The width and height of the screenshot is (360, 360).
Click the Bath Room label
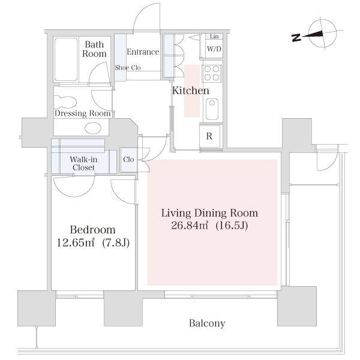[x=94, y=49]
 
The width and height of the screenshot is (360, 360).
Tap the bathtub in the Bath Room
[x=66, y=59]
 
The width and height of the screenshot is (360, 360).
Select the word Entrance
[x=143, y=52]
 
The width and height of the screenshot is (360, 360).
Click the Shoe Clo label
[x=128, y=67]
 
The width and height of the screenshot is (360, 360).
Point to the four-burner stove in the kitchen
[x=212, y=73]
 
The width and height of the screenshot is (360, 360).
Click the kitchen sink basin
[x=212, y=109]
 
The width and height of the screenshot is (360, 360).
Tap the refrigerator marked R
[x=209, y=136]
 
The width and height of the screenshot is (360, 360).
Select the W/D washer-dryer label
[x=214, y=49]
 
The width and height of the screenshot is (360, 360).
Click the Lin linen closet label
[x=214, y=36]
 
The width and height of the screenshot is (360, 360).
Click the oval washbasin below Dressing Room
[x=93, y=128]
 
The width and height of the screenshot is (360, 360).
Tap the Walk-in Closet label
[x=83, y=163]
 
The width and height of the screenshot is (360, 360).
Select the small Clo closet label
[x=128, y=160]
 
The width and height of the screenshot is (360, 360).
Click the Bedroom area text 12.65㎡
[x=76, y=242]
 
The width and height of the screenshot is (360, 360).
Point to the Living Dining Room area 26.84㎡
[x=190, y=226]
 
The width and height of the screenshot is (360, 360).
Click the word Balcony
[x=207, y=323]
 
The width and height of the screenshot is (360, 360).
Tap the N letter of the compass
[x=296, y=38]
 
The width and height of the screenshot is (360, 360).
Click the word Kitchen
[x=191, y=91]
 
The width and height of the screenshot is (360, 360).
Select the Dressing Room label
[x=83, y=113]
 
